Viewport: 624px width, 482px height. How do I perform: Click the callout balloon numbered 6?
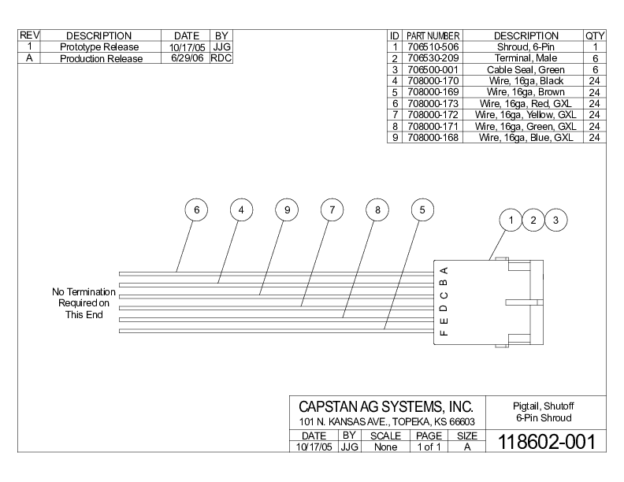point(196,210)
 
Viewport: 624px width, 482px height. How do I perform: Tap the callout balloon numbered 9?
point(288,210)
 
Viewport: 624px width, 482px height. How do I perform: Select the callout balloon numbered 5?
point(423,210)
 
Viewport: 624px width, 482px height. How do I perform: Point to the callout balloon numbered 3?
point(555,221)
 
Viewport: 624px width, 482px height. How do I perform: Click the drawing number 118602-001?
point(542,440)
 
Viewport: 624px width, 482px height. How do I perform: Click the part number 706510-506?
point(433,47)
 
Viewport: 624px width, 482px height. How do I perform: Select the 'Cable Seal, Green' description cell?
point(526,69)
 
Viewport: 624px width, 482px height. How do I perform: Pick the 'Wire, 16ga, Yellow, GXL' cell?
point(526,114)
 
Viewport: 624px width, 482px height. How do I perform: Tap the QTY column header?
point(595,35)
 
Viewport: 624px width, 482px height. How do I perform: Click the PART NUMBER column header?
point(433,36)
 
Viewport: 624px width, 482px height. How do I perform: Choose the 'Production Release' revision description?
point(101,58)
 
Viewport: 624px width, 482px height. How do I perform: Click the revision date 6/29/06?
point(187,58)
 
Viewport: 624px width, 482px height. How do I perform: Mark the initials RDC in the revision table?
point(221,58)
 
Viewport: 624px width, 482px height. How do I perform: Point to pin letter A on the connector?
point(444,270)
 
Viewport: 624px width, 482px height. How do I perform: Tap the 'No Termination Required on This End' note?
point(84,303)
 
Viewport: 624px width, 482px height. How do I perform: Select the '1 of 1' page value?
point(429,447)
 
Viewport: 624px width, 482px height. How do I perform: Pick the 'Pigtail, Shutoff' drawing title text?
point(543,406)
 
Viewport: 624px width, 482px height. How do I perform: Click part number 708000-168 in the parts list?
point(433,137)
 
